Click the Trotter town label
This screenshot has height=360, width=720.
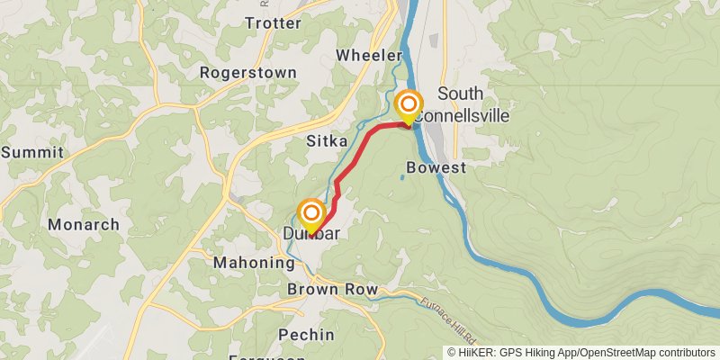click(273, 23)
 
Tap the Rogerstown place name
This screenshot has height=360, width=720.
click(236, 72)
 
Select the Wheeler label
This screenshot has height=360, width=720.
click(368, 56)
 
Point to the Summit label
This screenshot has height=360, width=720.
click(32, 152)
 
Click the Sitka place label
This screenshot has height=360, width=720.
click(327, 140)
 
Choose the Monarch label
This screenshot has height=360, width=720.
click(84, 224)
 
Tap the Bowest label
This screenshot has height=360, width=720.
click(436, 167)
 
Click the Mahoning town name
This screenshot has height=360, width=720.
click(254, 263)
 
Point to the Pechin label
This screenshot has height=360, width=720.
click(306, 335)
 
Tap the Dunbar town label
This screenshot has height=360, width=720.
click(311, 234)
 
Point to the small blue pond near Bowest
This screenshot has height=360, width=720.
click(401, 177)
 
